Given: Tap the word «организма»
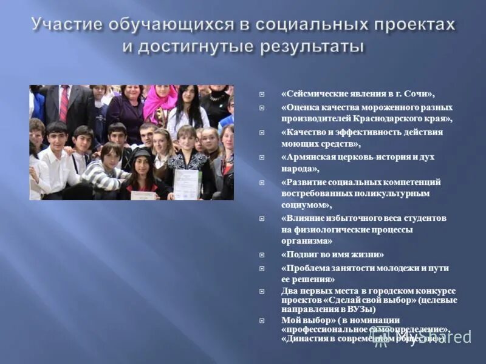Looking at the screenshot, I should tap(303, 241).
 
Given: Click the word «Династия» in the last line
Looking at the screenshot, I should tap(304, 339).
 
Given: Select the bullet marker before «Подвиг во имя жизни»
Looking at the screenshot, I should tap(262, 255).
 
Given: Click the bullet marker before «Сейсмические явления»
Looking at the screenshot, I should tap(262, 95).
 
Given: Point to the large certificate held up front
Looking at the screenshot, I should tap(187, 184).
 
